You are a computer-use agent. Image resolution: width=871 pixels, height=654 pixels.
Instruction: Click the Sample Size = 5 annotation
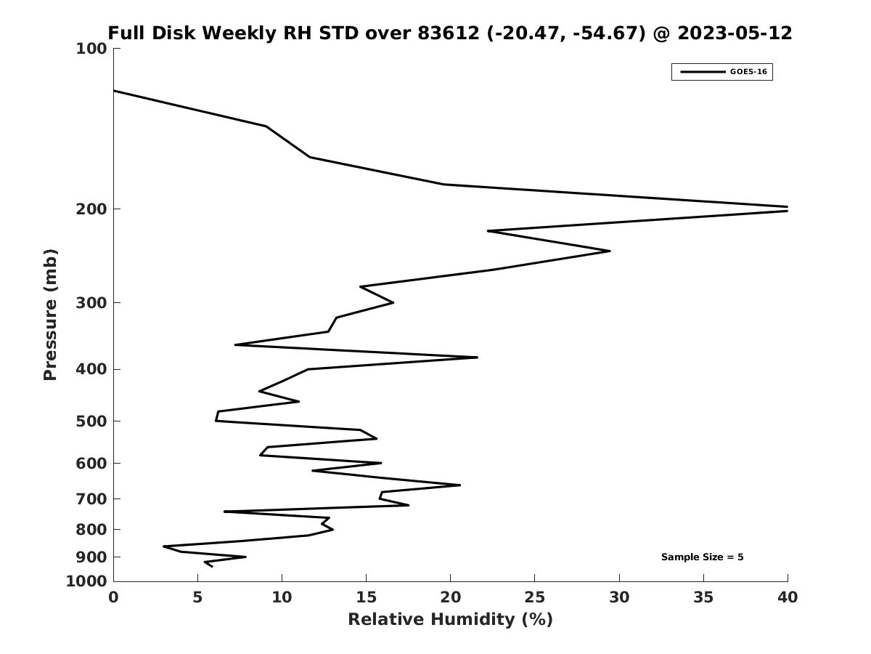point(702,557)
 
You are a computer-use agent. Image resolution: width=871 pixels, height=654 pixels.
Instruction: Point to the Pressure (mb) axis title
point(50,315)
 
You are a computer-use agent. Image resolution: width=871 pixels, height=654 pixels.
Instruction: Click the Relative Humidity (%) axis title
point(450,619)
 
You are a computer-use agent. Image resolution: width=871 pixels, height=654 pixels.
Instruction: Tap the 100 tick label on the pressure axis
point(91,49)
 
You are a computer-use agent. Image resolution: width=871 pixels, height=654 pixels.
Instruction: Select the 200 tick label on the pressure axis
point(91,209)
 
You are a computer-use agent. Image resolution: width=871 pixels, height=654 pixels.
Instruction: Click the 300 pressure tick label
point(91,303)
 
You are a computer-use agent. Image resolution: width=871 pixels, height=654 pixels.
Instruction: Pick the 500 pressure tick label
point(91,421)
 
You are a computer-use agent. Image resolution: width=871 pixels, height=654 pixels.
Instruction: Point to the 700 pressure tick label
point(91,499)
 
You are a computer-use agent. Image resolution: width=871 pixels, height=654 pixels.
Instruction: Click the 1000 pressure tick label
point(87,581)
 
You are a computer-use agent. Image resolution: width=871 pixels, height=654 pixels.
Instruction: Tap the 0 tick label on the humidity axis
point(114,597)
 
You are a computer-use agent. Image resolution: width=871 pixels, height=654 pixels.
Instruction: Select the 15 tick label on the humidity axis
point(366,597)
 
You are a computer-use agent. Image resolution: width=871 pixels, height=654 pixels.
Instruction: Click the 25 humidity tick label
point(534,597)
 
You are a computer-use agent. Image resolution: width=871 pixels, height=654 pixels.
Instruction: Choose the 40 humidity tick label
point(788,597)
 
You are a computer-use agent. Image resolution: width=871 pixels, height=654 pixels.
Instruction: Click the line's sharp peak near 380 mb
point(477,358)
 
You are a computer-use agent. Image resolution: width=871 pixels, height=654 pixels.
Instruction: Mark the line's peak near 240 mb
point(609,251)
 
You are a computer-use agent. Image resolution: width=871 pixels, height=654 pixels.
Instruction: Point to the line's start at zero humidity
point(115,91)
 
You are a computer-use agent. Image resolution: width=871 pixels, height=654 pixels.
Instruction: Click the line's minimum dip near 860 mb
point(164,546)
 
